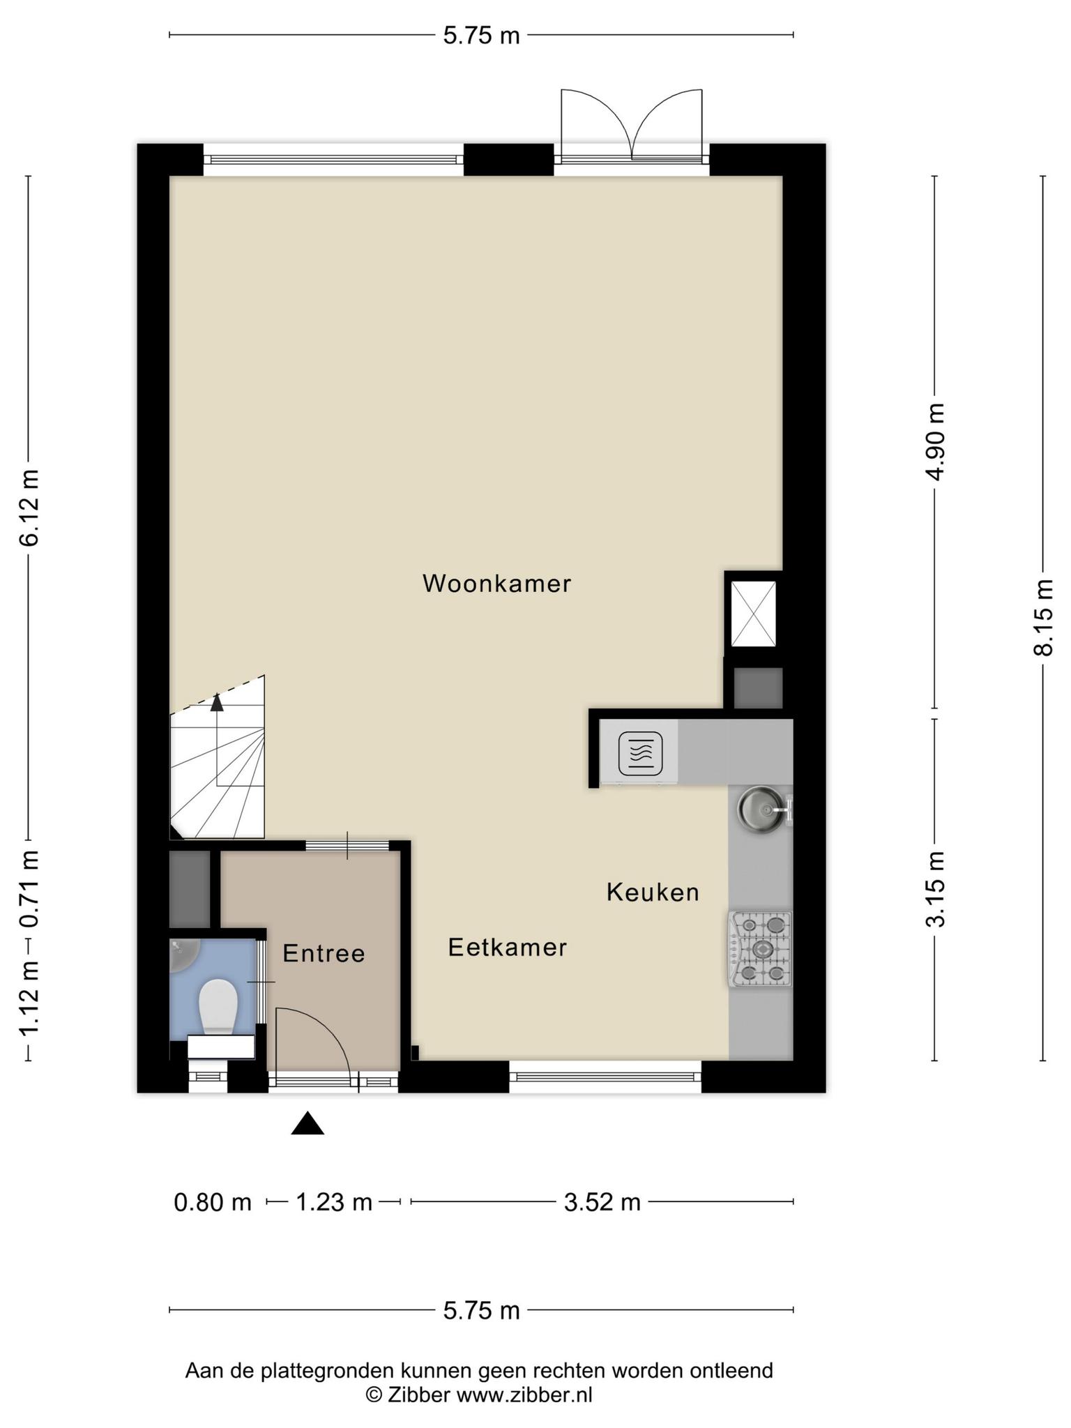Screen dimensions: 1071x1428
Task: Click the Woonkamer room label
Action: (496, 584)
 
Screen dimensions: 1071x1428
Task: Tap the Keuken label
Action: (653, 892)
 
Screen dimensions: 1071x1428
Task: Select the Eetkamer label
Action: (507, 947)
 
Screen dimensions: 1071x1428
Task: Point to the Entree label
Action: (324, 953)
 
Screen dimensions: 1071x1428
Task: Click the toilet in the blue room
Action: (218, 1006)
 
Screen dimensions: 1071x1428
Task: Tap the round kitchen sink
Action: (761, 810)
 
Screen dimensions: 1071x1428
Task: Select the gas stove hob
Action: (760, 949)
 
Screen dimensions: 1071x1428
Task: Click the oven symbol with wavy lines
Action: (640, 754)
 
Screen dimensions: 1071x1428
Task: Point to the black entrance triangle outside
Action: (307, 1123)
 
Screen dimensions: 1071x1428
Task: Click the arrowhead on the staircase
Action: (217, 702)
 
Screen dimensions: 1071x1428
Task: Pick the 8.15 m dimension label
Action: (1043, 618)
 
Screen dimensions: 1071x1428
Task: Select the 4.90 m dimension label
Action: (935, 442)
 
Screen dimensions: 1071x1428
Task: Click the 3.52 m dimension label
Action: (602, 1202)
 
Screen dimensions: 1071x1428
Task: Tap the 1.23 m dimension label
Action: (334, 1202)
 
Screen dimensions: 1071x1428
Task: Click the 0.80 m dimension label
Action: (213, 1202)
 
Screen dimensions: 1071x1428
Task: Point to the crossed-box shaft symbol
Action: (753, 614)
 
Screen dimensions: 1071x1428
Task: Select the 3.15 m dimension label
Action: (935, 889)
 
